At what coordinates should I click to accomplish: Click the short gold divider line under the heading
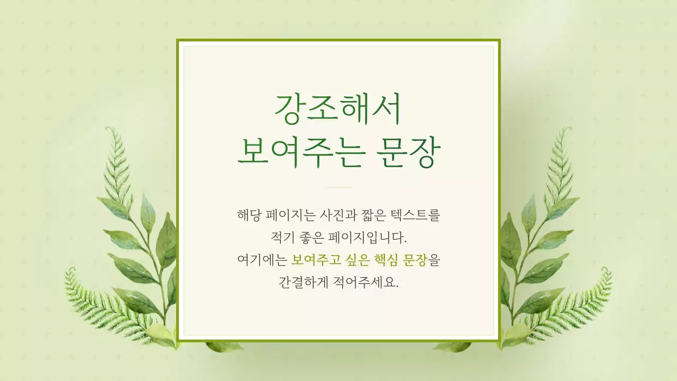[338, 187]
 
